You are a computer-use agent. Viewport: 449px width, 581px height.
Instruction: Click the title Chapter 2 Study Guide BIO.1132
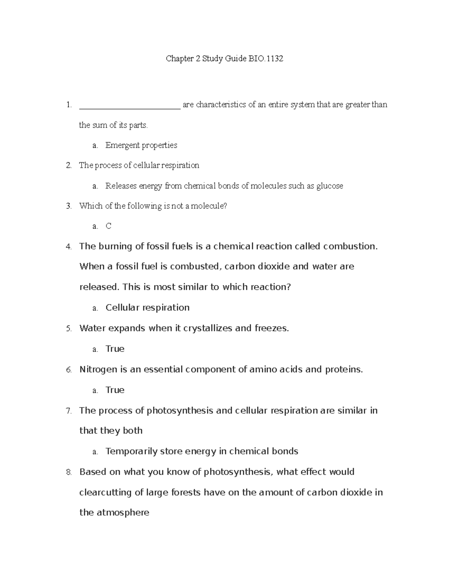pyautogui.click(x=224, y=59)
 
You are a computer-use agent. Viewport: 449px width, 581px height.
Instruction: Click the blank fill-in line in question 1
pyautogui.click(x=130, y=106)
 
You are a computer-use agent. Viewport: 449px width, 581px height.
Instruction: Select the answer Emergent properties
pyautogui.click(x=141, y=145)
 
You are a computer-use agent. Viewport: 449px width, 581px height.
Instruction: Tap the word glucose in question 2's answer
pyautogui.click(x=329, y=186)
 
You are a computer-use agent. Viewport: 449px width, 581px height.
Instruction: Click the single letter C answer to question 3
pyautogui.click(x=109, y=226)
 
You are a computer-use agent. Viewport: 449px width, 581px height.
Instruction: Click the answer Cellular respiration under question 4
pyautogui.click(x=147, y=308)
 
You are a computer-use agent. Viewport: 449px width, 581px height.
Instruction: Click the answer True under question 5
pyautogui.click(x=115, y=349)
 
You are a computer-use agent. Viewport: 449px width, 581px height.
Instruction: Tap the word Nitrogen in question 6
pyautogui.click(x=98, y=370)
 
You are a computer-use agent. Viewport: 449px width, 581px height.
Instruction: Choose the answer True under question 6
pyautogui.click(x=115, y=390)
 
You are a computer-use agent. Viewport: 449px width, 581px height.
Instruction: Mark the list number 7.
pyautogui.click(x=68, y=411)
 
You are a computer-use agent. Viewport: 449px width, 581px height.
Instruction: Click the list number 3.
pyautogui.click(x=68, y=206)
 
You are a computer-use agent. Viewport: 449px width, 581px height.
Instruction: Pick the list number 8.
pyautogui.click(x=68, y=472)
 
